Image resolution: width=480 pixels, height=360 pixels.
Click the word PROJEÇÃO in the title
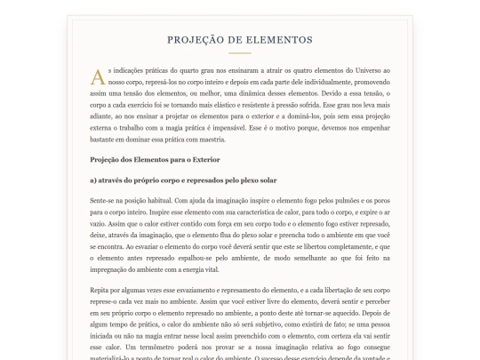pos(196,40)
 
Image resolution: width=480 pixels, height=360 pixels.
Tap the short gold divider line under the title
pos(239,53)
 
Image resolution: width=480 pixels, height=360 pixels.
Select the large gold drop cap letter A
pos(97,76)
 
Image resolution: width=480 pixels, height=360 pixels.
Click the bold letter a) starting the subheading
pos(94,180)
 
